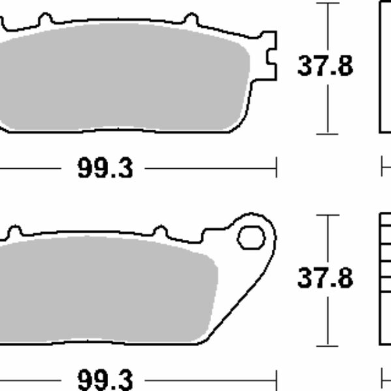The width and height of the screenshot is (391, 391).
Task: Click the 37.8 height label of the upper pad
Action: click(325, 66)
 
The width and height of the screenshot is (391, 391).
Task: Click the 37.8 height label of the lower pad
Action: click(325, 278)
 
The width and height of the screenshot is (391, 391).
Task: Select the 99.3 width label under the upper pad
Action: click(106, 169)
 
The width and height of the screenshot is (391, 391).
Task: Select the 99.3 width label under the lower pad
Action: click(106, 379)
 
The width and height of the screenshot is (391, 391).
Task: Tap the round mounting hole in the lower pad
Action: click(251, 238)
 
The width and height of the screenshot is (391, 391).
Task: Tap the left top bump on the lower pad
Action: click(14, 231)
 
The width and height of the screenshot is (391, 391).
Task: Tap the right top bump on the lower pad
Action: click(160, 231)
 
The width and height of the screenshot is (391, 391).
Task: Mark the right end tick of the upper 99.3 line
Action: click(277, 168)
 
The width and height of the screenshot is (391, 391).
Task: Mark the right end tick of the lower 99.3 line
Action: click(277, 378)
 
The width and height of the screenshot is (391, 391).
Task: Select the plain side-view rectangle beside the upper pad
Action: click(385, 65)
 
